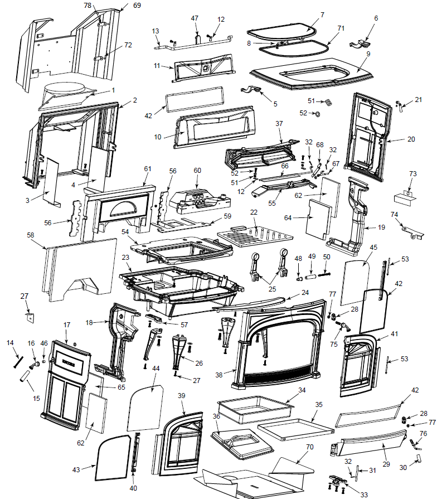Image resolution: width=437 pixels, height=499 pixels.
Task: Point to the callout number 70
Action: [x=310, y=447]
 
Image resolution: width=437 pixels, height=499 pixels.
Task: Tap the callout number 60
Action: [x=197, y=170]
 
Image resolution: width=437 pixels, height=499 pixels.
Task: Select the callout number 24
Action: [x=305, y=292]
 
